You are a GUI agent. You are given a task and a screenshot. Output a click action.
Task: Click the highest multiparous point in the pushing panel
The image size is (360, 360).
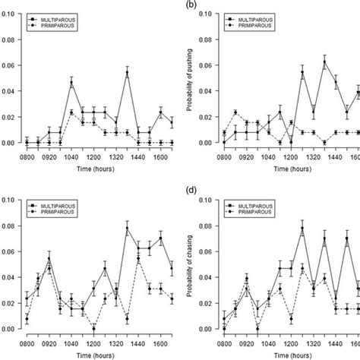click(324, 62)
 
